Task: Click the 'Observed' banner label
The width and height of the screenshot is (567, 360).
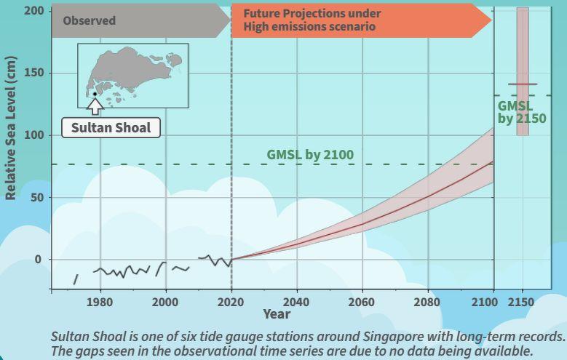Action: [89, 20]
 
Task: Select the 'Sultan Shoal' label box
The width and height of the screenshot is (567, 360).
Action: [111, 128]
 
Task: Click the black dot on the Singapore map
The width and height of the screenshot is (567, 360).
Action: [95, 94]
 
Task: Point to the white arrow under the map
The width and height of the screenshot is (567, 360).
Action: [95, 106]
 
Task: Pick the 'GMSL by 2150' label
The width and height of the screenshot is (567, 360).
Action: [521, 112]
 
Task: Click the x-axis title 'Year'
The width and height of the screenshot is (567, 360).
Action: [277, 314]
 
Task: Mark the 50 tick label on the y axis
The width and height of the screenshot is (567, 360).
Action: [36, 198]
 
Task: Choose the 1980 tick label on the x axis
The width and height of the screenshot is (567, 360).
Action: [100, 302]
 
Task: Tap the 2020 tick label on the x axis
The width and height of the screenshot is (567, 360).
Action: [231, 302]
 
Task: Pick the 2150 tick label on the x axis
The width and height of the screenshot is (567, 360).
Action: [523, 302]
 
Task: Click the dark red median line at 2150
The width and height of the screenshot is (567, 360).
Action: [523, 84]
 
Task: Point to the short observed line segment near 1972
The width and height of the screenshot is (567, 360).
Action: [75, 279]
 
